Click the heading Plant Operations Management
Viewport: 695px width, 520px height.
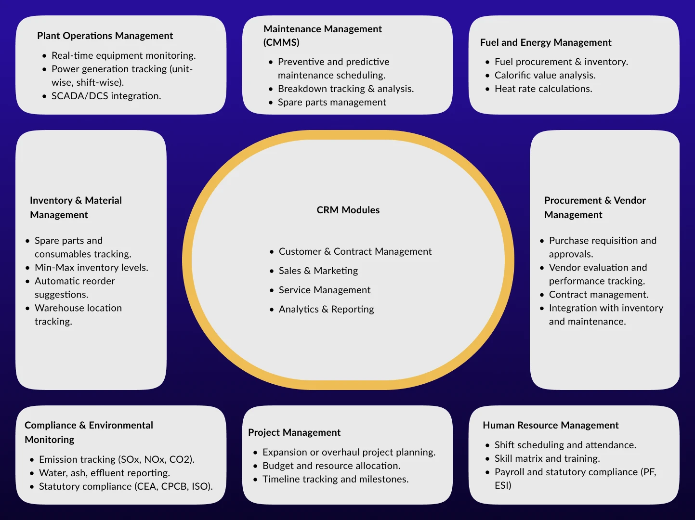point(105,36)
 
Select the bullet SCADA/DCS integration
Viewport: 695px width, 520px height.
point(106,96)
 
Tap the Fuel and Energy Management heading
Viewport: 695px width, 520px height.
point(546,42)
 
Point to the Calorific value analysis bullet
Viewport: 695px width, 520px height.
point(545,75)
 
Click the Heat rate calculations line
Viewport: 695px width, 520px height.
point(543,89)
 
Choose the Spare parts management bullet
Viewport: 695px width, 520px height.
point(332,102)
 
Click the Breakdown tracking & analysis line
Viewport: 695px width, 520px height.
point(345,89)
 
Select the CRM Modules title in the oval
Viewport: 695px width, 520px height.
point(348,210)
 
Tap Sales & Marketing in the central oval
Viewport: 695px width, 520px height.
point(318,271)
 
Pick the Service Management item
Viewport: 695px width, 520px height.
point(324,290)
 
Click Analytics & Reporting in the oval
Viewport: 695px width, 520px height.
point(326,309)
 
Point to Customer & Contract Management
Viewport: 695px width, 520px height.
point(355,251)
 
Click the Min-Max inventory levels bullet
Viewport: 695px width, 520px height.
point(91,267)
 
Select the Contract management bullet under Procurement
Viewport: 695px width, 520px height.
point(598,294)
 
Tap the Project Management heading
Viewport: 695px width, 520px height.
point(294,432)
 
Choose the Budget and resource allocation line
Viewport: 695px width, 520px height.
point(331,466)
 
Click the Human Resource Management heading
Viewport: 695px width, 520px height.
point(551,425)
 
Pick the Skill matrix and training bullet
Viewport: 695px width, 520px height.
point(547,458)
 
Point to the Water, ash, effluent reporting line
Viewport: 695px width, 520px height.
point(104,473)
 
